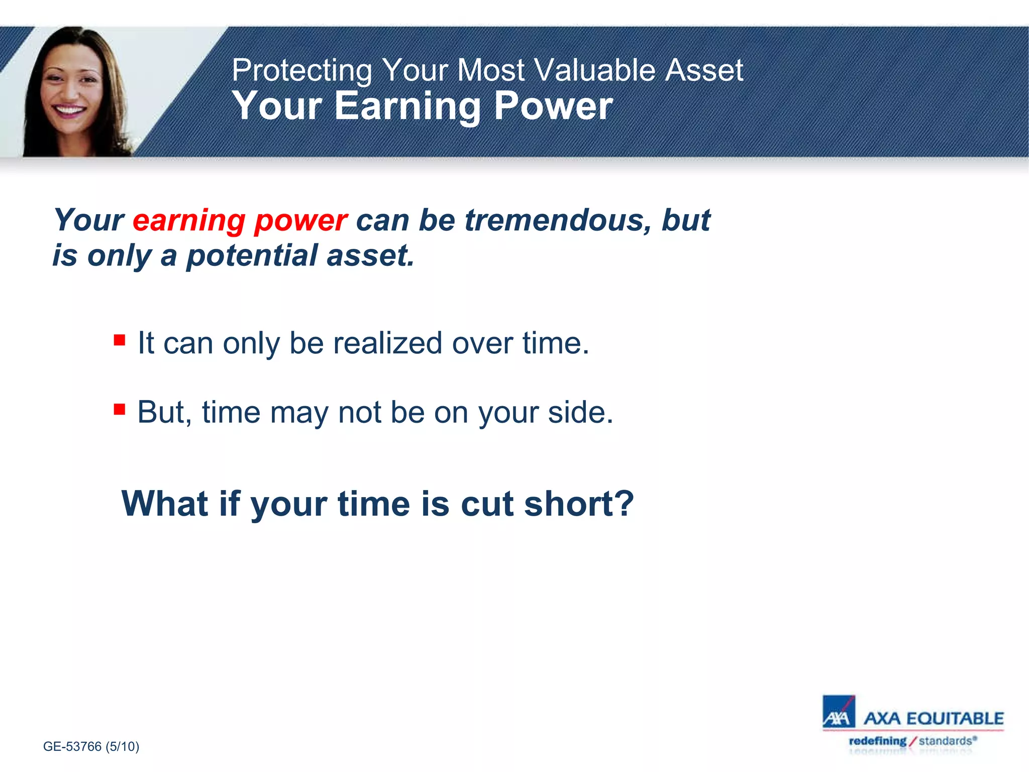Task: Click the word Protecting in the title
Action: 301,70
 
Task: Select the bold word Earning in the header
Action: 407,107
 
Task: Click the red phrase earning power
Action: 240,220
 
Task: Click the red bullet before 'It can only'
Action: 120,340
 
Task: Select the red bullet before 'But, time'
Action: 120,409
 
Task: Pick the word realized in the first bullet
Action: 387,343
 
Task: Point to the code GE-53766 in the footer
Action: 72,746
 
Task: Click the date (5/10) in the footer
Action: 122,746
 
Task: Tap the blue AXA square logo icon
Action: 838,712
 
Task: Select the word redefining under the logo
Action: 877,741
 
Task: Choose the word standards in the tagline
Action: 945,741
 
